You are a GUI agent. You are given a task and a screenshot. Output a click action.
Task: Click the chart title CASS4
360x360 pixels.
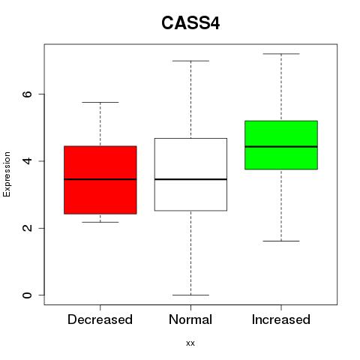pos(190,23)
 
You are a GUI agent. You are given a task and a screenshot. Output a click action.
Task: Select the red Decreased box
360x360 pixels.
pos(100,180)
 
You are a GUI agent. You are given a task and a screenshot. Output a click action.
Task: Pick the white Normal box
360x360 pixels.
pos(190,175)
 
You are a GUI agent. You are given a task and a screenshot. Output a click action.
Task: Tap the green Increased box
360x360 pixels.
pos(281,145)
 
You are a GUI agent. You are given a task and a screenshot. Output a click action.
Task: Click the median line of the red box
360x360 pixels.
pos(100,179)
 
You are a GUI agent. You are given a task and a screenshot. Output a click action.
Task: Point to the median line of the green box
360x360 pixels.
pos(281,147)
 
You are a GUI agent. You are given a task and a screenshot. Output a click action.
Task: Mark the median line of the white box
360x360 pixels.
pos(190,179)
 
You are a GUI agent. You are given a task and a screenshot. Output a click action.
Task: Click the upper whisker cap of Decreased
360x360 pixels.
pos(100,102)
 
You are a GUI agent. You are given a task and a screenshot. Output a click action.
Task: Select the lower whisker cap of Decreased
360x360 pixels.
pos(100,222)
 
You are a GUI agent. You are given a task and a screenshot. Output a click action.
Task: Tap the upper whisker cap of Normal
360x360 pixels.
pos(190,61)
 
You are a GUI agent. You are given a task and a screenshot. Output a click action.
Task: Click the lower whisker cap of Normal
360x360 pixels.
pos(190,295)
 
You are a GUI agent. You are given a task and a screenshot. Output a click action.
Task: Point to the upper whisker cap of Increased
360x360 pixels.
pos(281,54)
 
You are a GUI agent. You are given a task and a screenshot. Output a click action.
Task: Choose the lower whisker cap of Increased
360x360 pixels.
pos(281,241)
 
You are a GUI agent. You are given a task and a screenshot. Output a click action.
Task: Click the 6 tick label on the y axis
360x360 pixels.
pos(27,94)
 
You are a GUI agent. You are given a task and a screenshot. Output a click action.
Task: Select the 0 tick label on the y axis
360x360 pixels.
pos(27,295)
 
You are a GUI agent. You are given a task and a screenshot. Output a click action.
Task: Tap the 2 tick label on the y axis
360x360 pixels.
pos(27,228)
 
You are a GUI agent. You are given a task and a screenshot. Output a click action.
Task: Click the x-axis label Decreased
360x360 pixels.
pos(100,319)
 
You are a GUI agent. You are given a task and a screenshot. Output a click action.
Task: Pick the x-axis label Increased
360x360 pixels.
pos(281,319)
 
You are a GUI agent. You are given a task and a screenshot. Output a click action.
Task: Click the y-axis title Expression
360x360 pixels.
pos(7,174)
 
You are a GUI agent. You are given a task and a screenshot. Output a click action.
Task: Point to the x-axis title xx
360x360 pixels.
pos(190,343)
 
